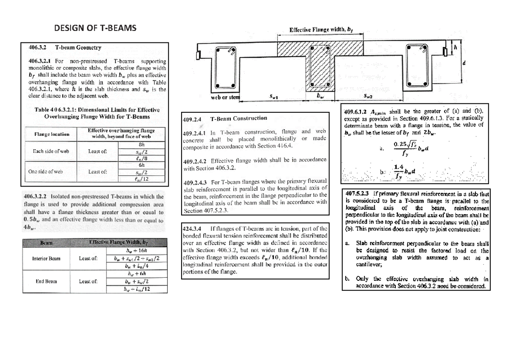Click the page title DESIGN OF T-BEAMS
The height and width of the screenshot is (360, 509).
pyautogui.click(x=95, y=29)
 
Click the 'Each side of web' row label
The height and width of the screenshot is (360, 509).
pyautogui.click(x=48, y=151)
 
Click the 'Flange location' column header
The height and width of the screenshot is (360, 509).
pyautogui.click(x=48, y=134)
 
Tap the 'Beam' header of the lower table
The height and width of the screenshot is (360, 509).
pyautogui.click(x=46, y=242)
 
